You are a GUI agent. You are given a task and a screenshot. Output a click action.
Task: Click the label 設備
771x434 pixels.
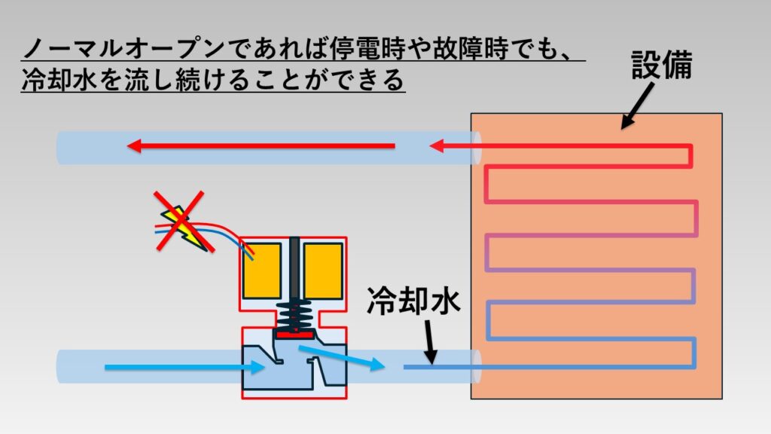660,66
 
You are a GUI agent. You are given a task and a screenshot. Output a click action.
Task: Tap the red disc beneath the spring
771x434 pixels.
294,333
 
